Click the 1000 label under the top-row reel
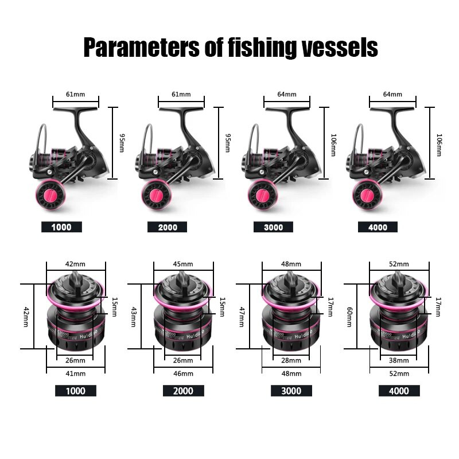61,227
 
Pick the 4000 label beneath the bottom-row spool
399,391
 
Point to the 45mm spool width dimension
183,264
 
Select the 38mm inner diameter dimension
399,360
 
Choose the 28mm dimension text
291,360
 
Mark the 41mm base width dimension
76,373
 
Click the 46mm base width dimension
183,373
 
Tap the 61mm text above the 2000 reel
181,94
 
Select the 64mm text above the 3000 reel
287,94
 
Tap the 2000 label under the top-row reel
168,227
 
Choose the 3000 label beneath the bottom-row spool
291,391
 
